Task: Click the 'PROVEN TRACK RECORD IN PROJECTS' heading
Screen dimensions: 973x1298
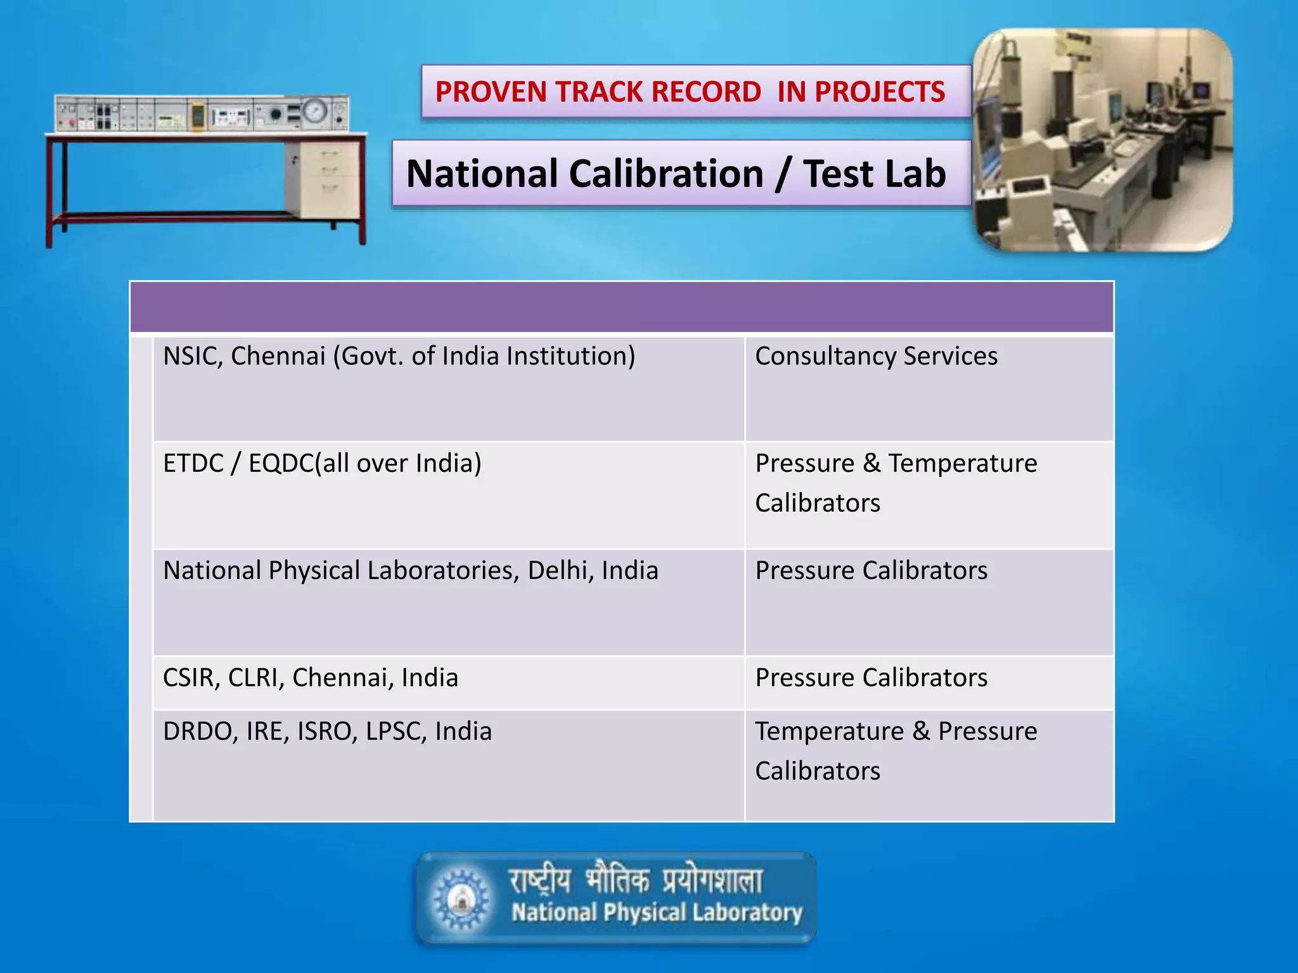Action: click(690, 92)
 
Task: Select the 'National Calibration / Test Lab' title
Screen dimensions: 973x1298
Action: click(676, 174)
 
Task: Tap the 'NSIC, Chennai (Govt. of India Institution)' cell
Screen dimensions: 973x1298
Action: click(399, 356)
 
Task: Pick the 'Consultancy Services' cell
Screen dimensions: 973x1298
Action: click(876, 356)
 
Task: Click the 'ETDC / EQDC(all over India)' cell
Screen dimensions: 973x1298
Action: click(322, 463)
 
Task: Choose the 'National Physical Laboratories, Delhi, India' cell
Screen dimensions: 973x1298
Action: click(410, 570)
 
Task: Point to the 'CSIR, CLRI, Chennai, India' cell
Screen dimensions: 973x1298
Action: click(310, 677)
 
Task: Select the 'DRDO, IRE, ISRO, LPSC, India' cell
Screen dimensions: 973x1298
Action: click(327, 731)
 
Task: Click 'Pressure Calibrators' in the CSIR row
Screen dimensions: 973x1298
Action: click(871, 677)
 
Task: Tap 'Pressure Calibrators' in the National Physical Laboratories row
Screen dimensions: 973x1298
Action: click(871, 570)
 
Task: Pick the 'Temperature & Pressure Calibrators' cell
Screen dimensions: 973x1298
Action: click(896, 751)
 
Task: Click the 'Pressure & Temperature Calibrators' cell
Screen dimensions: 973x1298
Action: click(896, 483)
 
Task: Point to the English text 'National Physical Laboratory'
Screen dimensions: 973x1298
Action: click(657, 913)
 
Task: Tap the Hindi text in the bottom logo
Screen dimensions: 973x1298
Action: click(636, 879)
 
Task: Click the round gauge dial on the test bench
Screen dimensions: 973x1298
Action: click(314, 111)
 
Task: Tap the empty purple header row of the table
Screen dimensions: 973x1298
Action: click(621, 307)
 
